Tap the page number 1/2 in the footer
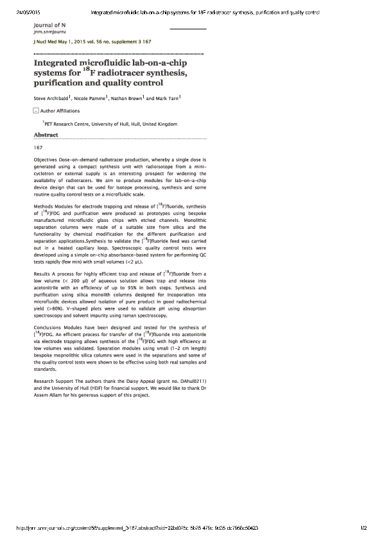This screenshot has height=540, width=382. pos(363,528)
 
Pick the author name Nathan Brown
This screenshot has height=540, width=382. pos(125,99)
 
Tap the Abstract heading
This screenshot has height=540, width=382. pos(46,135)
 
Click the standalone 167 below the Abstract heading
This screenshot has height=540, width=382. pos(38,147)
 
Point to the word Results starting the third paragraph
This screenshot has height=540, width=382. pos(43,273)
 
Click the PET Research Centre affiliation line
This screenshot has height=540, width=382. pos(110,124)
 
